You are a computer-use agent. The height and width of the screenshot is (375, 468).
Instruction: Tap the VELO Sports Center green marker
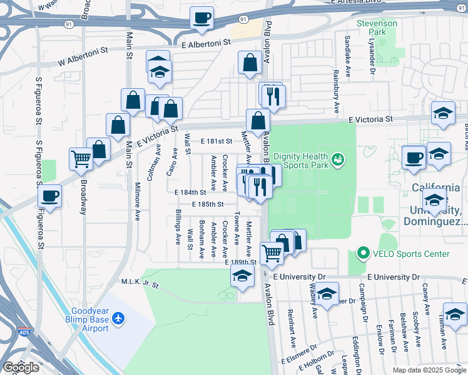click(363, 254)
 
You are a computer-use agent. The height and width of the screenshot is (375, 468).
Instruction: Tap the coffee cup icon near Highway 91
click(201, 18)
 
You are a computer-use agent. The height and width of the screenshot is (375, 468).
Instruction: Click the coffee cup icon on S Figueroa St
click(50, 196)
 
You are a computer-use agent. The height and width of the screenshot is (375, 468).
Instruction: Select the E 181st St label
click(216, 142)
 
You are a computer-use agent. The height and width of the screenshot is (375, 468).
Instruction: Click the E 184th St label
click(190, 192)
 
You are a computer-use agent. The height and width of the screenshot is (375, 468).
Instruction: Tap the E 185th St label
click(208, 204)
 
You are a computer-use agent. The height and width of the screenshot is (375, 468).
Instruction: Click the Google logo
click(21, 367)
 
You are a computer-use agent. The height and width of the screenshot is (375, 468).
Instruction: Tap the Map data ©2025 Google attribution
click(429, 370)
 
